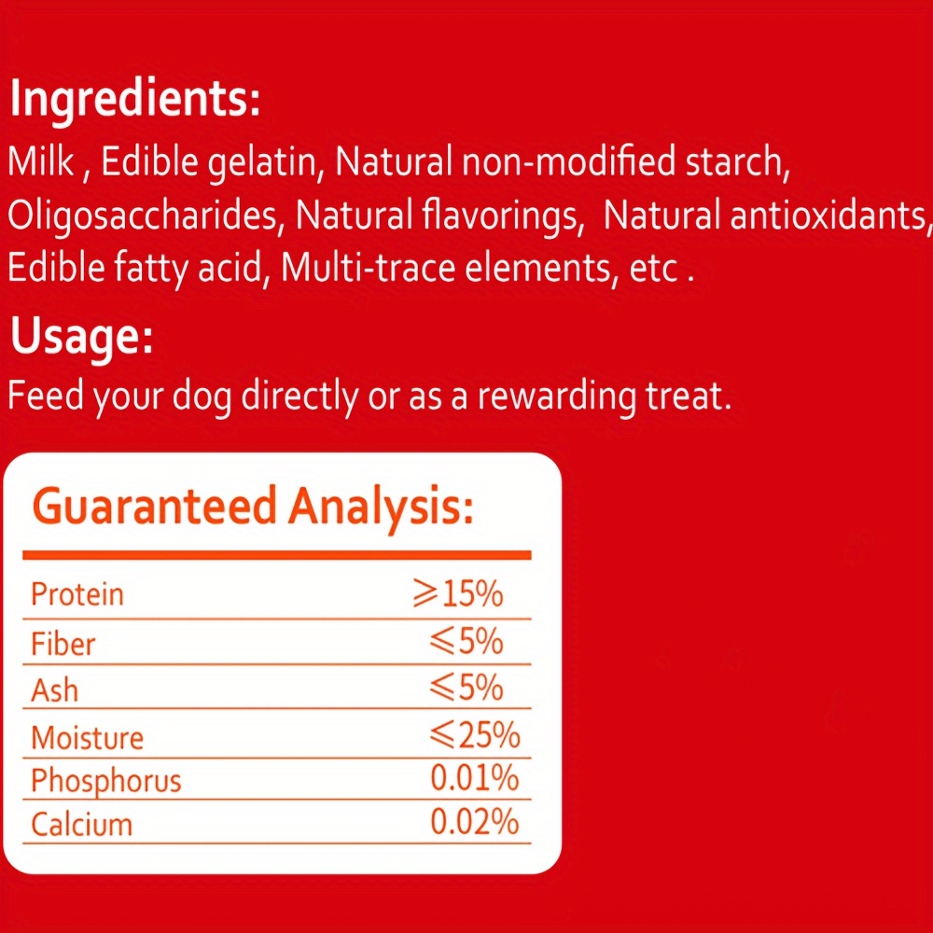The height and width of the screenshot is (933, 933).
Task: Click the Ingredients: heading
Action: (135, 100)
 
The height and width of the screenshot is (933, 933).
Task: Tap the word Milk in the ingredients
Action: (41, 161)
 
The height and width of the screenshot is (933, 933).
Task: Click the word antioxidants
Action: (829, 215)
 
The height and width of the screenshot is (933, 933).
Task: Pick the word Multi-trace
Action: (368, 268)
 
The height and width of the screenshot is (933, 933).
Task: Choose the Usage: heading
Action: (81, 337)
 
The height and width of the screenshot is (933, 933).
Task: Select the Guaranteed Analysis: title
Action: (253, 507)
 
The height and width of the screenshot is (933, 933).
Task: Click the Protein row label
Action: (77, 594)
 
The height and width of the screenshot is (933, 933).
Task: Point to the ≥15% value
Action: (458, 593)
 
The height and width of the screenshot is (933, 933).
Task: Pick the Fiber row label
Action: (63, 644)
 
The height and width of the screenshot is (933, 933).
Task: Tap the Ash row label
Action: (55, 690)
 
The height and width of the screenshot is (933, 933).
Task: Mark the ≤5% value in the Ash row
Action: (466, 688)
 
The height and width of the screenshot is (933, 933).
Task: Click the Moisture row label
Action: (88, 738)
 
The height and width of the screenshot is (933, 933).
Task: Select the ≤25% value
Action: (475, 735)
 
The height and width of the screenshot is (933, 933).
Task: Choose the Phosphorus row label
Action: (106, 781)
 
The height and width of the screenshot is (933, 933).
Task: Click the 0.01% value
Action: (475, 778)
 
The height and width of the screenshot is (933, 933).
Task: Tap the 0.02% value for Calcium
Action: (475, 822)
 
